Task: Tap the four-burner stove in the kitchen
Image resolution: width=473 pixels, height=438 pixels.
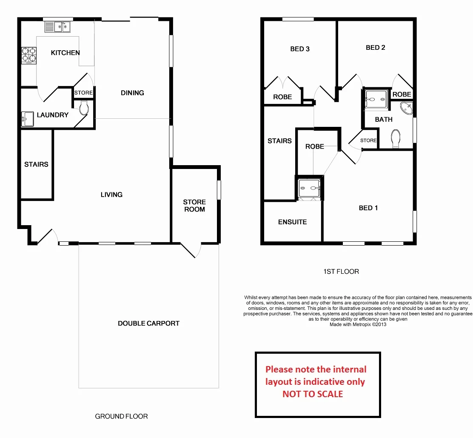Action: point(29,56)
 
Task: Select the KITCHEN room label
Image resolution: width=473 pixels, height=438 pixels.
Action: point(65,53)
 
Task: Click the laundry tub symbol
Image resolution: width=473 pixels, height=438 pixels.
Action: point(27,119)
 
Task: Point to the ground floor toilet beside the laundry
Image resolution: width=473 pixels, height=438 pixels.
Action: point(83,108)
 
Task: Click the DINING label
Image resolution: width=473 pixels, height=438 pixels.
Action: point(132,93)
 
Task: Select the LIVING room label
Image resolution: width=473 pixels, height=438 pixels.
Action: point(111,195)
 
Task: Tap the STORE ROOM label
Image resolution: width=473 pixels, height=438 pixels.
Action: point(194,206)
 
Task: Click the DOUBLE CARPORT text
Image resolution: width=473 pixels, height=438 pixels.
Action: point(148,323)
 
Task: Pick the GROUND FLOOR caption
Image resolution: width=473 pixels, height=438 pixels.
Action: point(121,416)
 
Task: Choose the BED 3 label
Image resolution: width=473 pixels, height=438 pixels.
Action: point(300,49)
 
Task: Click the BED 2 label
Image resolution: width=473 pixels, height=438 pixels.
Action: point(376,48)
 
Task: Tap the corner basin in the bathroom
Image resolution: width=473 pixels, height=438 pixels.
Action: point(407,108)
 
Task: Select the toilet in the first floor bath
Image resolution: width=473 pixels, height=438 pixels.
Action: point(396,138)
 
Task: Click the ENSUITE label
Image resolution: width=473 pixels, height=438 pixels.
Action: point(292,222)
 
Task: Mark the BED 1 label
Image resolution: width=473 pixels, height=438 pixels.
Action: point(368,208)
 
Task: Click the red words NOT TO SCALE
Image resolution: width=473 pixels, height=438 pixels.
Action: point(313,394)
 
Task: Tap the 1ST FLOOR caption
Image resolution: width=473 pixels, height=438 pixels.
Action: point(342,272)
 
